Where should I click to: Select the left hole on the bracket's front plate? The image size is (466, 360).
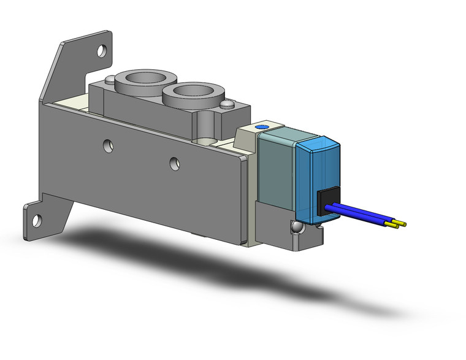pyautogui.click(x=108, y=145)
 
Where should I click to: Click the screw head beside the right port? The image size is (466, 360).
pyautogui.click(x=227, y=105)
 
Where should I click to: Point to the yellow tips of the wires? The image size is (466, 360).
pyautogui.click(x=399, y=223)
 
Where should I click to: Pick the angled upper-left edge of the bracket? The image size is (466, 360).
pyautogui.click(x=52, y=71)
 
